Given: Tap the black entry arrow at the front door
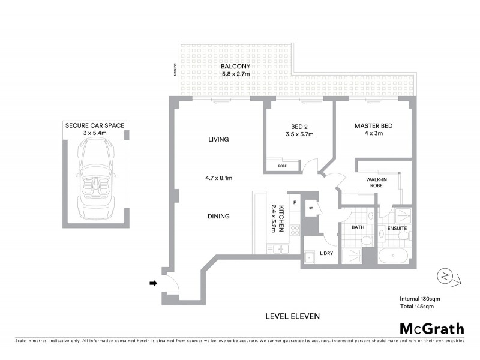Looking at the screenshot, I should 153,284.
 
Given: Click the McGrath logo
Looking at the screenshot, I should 431,328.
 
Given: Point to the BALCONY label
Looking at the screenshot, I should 233,66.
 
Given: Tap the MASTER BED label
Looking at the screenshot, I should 373,125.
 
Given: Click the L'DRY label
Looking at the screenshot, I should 326,254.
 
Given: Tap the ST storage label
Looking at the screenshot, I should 311,209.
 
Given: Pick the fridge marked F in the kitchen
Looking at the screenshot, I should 295,202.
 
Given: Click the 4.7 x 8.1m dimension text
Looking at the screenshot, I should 220,178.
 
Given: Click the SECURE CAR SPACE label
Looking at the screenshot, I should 95,125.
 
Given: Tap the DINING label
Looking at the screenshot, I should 220,217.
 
